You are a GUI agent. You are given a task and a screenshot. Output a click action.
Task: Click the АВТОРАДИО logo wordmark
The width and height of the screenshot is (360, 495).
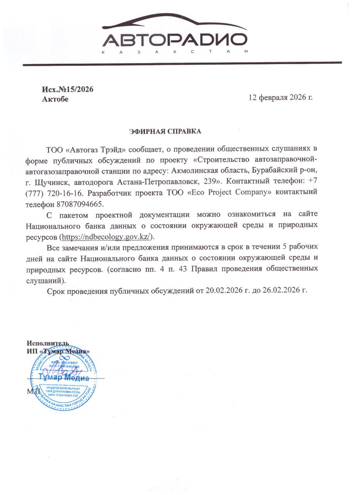coord(175,40)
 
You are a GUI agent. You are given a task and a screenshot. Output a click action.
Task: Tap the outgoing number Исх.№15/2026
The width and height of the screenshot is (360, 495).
coord(68,89)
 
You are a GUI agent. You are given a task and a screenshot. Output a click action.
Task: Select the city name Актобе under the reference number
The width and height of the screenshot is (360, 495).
coord(55,99)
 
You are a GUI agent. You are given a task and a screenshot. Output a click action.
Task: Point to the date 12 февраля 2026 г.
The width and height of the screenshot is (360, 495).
coord(280,97)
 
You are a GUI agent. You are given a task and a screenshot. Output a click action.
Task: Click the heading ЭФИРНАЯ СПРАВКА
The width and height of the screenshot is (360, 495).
coord(165,131)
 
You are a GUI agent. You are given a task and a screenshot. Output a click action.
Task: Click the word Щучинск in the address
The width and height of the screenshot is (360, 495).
coord(52,181)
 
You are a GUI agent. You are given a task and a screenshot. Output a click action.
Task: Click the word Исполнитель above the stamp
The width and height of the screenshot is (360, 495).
coord(48,343)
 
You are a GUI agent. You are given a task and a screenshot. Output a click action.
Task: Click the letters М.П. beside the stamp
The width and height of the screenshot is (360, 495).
coord(33,391)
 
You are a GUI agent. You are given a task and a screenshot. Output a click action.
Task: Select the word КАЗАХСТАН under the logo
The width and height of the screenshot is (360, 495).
coord(175,52)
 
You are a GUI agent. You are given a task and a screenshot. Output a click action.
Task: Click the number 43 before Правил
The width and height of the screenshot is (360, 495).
coord(183,268)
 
